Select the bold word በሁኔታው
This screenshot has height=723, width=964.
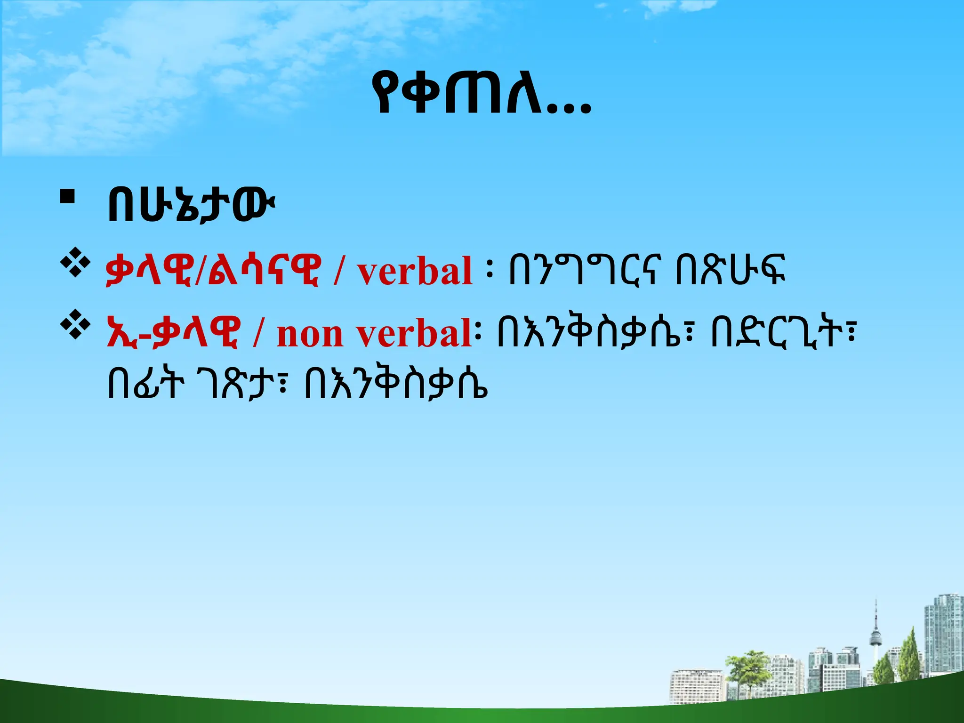pyautogui.click(x=190, y=206)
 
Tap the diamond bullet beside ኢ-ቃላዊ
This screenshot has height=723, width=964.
pyautogui.click(x=75, y=326)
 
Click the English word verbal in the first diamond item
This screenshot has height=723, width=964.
pyautogui.click(x=414, y=272)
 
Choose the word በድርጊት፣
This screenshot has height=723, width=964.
pyautogui.click(x=781, y=332)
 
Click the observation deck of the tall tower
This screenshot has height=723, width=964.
pyautogui.click(x=876, y=638)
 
